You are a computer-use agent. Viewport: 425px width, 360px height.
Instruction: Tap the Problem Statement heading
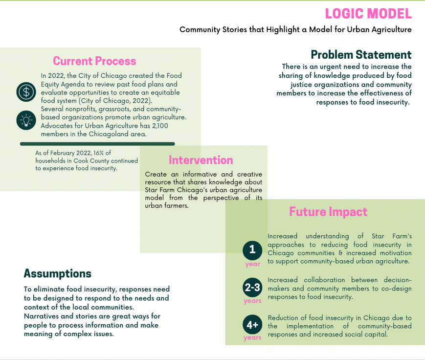tap(361, 54)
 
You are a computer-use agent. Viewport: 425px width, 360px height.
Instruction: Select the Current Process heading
tap(94, 61)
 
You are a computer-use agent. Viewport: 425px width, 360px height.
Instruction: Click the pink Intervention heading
tap(201, 160)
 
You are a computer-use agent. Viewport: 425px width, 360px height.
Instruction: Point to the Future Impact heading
tap(328, 212)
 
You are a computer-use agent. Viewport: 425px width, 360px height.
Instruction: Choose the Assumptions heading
tap(58, 273)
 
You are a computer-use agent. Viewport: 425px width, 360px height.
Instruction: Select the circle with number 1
tap(252, 250)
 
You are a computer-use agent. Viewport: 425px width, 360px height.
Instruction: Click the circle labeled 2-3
tap(252, 288)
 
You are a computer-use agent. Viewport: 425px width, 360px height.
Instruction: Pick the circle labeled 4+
tap(252, 325)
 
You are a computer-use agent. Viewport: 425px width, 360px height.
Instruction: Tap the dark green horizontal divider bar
tap(97, 144)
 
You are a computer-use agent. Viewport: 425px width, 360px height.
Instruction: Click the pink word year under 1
tap(252, 264)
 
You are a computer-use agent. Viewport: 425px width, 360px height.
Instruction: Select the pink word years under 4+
tap(252, 338)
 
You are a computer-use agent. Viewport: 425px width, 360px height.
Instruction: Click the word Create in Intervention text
tap(156, 174)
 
